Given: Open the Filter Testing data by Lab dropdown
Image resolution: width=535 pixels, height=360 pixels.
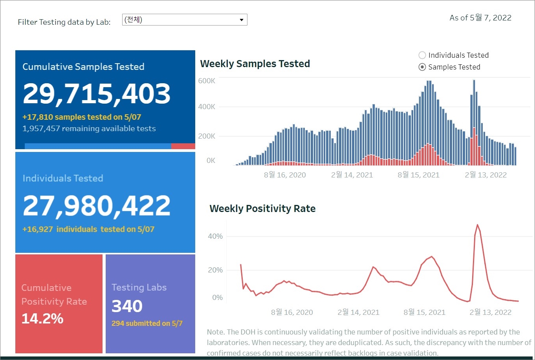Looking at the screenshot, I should (185, 20).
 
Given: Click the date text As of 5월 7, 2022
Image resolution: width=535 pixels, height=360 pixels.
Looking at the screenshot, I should (480, 18).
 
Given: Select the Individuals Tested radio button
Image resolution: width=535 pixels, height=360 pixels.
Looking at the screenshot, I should (422, 55).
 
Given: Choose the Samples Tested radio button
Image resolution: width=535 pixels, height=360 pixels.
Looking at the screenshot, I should (422, 67).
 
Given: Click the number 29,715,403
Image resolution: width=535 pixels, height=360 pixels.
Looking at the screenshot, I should (97, 94).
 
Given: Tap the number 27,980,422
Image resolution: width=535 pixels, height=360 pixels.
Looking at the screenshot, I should (97, 206).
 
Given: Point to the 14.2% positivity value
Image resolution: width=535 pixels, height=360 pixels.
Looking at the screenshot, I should (42, 318).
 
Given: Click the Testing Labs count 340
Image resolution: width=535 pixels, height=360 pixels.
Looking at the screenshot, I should (127, 306).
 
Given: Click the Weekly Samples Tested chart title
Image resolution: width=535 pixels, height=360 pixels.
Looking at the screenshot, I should (255, 64).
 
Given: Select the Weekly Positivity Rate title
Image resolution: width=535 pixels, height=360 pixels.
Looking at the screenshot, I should (262, 208).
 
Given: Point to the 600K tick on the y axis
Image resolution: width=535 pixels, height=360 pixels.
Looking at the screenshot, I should (207, 81).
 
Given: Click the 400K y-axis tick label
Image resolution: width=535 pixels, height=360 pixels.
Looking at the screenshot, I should (207, 107).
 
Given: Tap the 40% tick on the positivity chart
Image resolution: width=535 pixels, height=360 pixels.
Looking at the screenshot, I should (215, 236).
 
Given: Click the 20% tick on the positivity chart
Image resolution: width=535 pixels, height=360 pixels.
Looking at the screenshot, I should (215, 270).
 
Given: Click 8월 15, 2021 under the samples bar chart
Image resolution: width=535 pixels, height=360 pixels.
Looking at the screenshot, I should (418, 175).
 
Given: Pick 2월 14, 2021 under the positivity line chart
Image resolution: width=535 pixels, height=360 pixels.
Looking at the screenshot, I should (358, 312).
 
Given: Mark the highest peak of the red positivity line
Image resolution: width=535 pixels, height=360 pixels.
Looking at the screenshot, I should (477, 225).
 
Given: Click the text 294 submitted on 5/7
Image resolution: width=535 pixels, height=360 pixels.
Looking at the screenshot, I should (147, 323).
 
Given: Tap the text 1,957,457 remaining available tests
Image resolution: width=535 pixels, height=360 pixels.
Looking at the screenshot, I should (89, 129).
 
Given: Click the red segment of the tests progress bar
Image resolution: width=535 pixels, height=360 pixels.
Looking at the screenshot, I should (183, 146).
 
